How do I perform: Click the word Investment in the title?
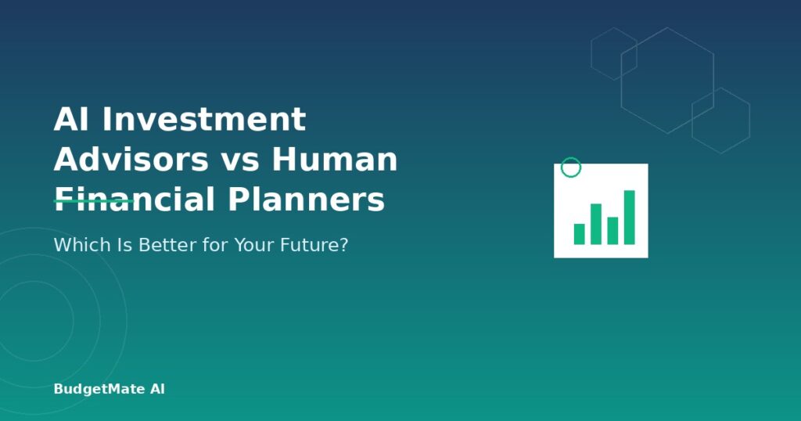pyautogui.click(x=204, y=119)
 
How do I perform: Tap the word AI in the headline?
pyautogui.click(x=72, y=119)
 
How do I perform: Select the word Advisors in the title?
pyautogui.click(x=131, y=159)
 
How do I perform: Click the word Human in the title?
pyautogui.click(x=335, y=159)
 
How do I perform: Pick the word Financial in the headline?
pyautogui.click(x=135, y=199)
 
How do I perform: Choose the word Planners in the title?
pyautogui.click(x=306, y=199)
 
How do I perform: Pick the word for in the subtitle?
pyautogui.click(x=215, y=245)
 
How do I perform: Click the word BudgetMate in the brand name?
pyautogui.click(x=99, y=390)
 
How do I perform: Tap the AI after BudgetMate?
pyautogui.click(x=157, y=389)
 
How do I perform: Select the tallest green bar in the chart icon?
pyautogui.click(x=630, y=217)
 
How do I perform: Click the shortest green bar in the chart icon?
pyautogui.click(x=580, y=234)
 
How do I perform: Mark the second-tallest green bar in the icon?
pyautogui.click(x=596, y=224)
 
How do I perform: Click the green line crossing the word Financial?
pyautogui.click(x=94, y=201)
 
